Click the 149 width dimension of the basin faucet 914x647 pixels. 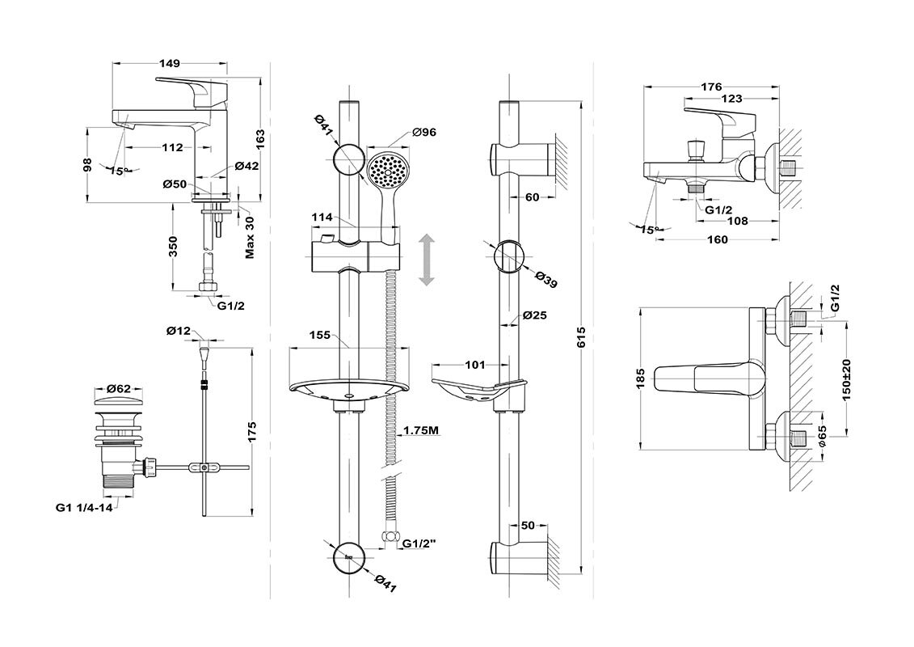click(169, 63)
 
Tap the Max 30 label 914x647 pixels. click(250, 237)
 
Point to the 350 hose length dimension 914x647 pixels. click(173, 246)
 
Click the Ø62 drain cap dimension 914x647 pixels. click(118, 389)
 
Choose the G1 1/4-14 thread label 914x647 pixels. click(83, 508)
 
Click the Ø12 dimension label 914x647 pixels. click(178, 331)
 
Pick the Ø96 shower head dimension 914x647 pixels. click(424, 133)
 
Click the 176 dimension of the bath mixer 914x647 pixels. click(711, 87)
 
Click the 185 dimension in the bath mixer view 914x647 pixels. click(640, 378)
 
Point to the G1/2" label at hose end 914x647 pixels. click(419, 543)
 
